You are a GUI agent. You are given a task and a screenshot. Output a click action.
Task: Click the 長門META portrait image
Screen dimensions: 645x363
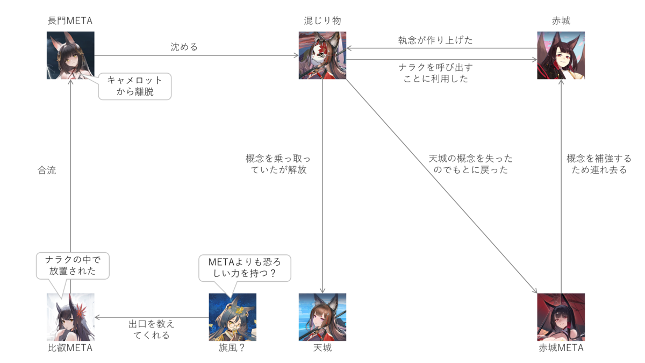click(x=70, y=55)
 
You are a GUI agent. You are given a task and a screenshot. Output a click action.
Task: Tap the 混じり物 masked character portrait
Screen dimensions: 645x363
click(x=322, y=55)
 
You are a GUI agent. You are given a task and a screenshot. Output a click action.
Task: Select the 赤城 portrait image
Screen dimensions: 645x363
click(x=561, y=55)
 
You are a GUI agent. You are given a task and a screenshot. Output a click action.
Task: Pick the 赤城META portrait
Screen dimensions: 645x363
click(x=561, y=317)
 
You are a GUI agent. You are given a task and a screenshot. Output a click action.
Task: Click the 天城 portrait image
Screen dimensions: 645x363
click(x=322, y=317)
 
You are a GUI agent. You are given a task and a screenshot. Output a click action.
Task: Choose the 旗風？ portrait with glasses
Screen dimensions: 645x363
click(x=232, y=317)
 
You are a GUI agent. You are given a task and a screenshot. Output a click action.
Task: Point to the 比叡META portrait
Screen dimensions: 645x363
click(x=70, y=317)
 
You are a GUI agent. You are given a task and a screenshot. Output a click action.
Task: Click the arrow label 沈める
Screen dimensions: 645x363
click(x=184, y=47)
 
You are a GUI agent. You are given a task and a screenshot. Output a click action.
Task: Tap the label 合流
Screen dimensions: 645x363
click(x=47, y=170)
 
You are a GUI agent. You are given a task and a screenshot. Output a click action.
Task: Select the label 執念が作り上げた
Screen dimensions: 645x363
click(x=435, y=40)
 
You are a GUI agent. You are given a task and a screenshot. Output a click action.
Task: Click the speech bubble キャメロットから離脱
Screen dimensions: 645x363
click(x=135, y=86)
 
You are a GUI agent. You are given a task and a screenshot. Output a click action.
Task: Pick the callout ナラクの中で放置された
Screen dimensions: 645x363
click(x=73, y=266)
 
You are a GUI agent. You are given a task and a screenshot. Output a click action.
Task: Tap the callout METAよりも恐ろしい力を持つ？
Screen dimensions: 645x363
click(x=245, y=268)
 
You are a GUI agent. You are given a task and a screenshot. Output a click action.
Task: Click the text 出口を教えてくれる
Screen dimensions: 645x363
click(x=152, y=330)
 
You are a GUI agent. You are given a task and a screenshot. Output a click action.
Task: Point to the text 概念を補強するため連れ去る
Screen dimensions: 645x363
click(x=599, y=165)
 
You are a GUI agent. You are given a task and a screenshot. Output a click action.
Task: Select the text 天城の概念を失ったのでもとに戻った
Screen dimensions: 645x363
click(x=470, y=165)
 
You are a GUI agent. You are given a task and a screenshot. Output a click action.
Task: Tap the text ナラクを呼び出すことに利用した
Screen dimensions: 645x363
click(x=436, y=73)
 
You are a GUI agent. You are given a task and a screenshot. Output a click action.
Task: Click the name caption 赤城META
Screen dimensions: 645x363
click(x=561, y=348)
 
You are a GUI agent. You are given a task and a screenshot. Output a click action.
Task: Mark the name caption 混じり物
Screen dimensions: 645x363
click(x=322, y=21)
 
